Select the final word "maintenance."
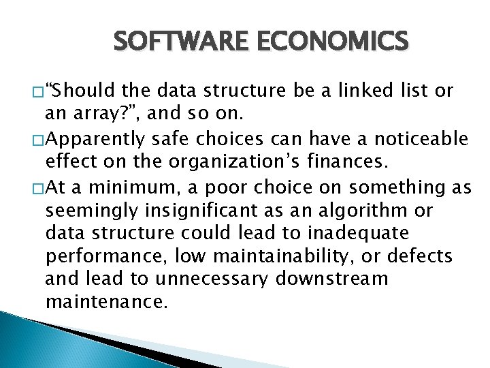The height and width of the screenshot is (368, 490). [105, 303]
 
